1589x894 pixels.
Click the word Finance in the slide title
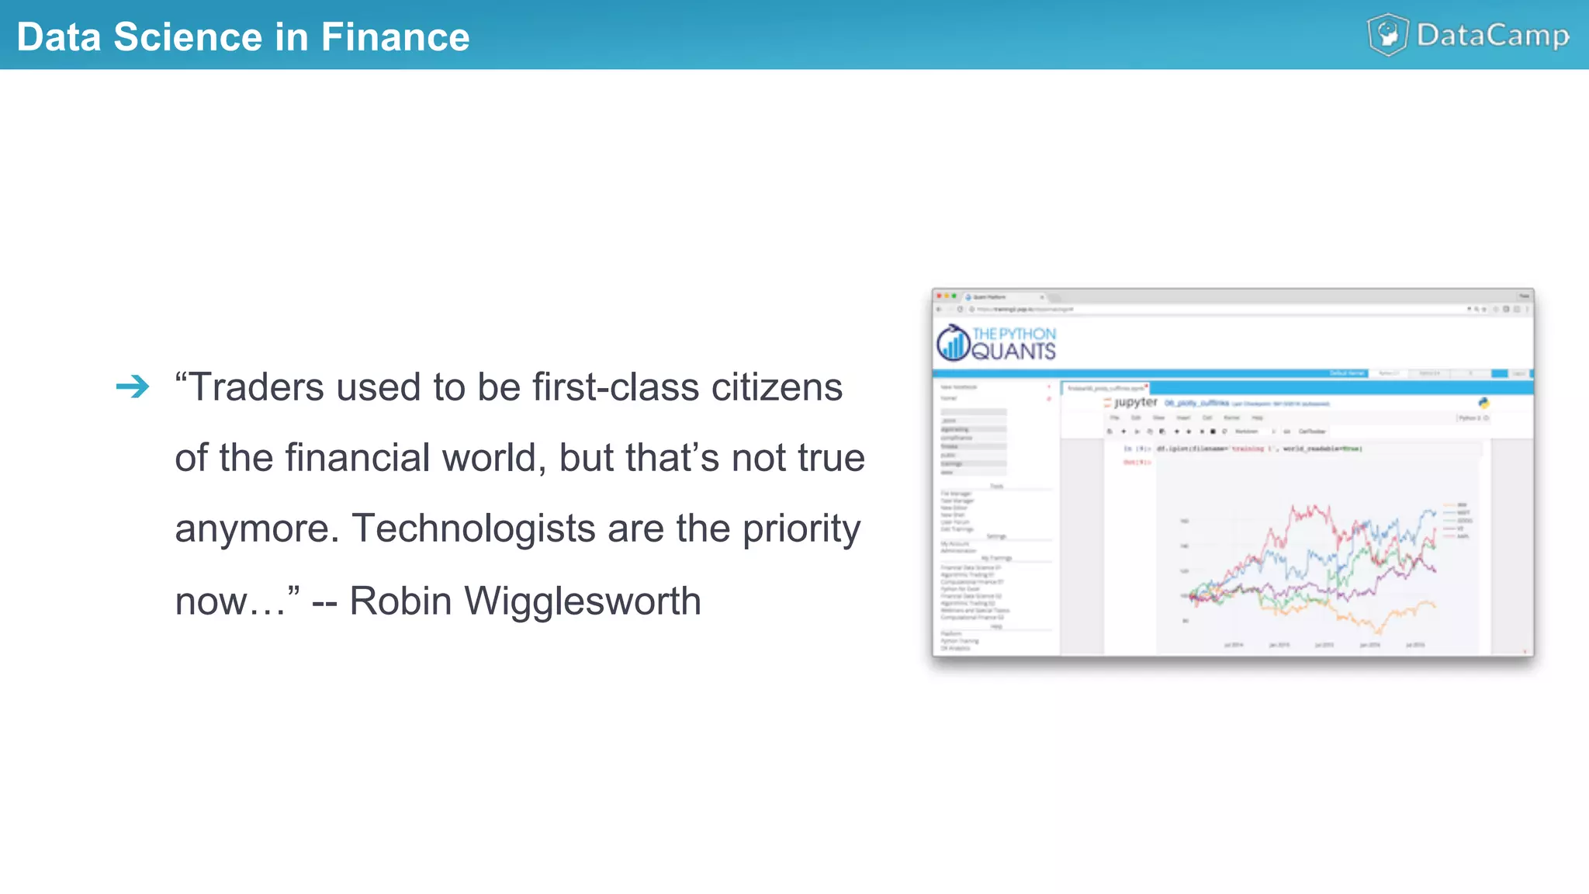(395, 37)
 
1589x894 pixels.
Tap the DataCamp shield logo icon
(1387, 35)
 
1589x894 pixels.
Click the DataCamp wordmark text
(1492, 36)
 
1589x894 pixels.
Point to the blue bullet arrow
(133, 386)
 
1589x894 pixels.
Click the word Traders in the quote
(256, 387)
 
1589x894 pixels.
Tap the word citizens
(777, 387)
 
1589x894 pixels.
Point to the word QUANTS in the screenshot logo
(1013, 352)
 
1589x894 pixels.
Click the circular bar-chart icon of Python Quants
(952, 343)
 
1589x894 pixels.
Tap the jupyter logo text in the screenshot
(1134, 402)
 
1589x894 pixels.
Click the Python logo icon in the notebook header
(1483, 403)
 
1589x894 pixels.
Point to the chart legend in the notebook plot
(1456, 520)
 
